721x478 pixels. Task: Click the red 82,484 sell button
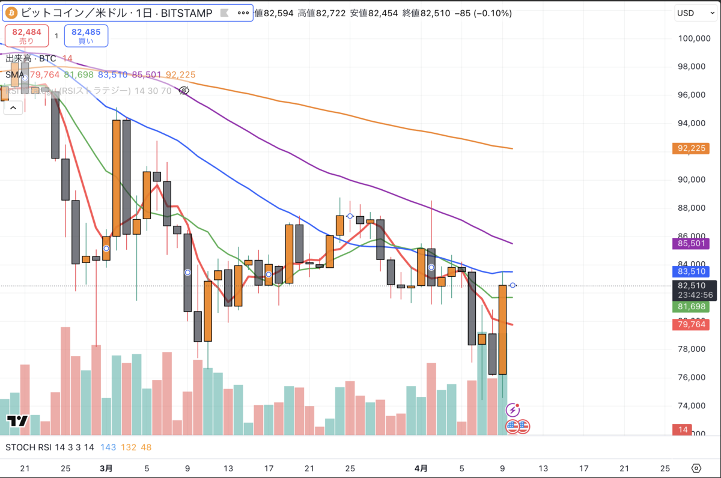[x=26, y=35]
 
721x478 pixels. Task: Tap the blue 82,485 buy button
[x=86, y=35]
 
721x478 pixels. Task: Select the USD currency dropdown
[x=693, y=13]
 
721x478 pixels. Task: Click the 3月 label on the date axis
[x=106, y=468]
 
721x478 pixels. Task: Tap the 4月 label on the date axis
[x=422, y=468]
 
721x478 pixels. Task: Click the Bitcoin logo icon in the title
[x=11, y=13]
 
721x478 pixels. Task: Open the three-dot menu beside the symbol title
[x=243, y=13]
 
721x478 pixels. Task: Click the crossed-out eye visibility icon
[x=184, y=91]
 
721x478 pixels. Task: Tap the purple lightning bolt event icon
[x=513, y=410]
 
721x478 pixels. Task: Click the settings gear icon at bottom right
[x=696, y=468]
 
